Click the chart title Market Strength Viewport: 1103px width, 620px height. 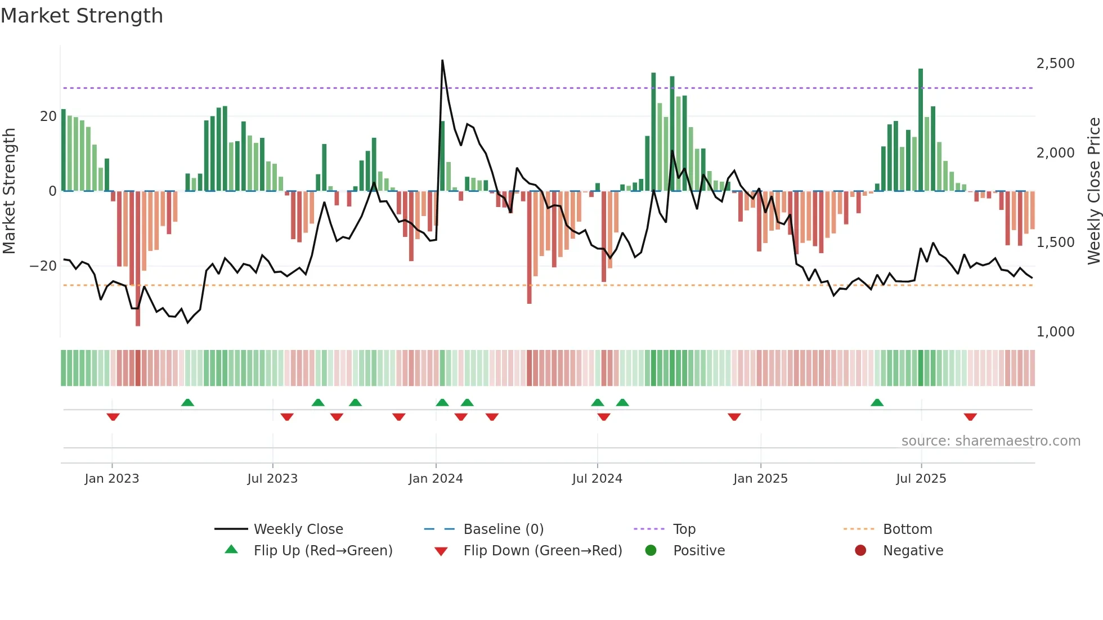82,16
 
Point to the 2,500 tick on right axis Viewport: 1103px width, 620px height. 1055,64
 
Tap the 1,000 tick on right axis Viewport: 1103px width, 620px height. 1055,332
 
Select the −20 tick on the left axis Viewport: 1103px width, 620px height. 43,266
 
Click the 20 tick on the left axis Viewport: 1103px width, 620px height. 48,116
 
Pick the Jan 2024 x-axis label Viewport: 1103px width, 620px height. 436,479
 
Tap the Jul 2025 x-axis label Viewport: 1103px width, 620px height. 921,479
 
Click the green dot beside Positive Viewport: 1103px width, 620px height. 651,551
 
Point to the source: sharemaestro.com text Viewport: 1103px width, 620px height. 990,441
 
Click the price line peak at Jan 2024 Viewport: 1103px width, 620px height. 442,61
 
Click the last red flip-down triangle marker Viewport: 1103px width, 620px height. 970,417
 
